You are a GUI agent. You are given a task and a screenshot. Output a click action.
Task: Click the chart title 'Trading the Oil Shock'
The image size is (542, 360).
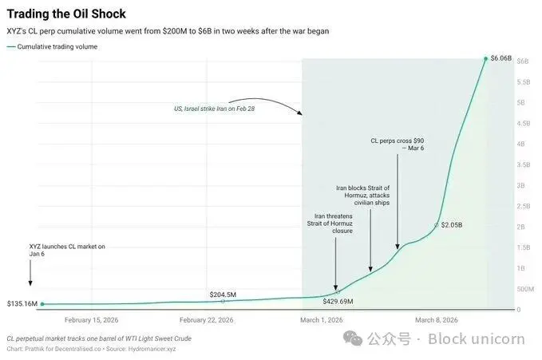[66, 14]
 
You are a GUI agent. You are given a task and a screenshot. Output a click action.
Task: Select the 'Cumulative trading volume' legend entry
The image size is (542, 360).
[62, 47]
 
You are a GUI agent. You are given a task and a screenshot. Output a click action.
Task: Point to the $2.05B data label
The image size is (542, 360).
[452, 224]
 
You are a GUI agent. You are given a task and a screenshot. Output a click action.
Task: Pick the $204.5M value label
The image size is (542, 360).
[224, 295]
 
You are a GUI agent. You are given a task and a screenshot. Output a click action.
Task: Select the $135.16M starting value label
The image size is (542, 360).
[22, 303]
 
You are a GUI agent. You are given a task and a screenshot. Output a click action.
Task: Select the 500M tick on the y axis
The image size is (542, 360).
[525, 289]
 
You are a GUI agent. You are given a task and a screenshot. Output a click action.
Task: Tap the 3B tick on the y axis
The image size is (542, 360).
[523, 185]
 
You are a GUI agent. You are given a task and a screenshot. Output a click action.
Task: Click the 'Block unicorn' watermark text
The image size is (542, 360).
[476, 338]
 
